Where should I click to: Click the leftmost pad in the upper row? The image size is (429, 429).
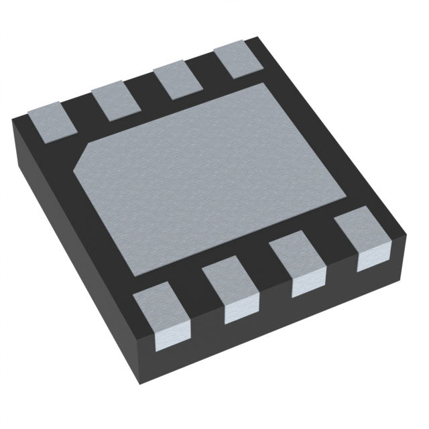click(x=50, y=121)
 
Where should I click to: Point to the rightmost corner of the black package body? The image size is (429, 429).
click(x=408, y=235)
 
